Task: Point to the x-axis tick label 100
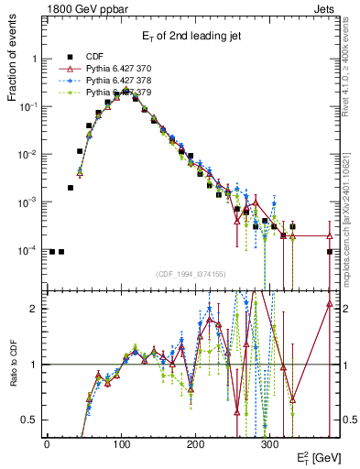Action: (x=121, y=443)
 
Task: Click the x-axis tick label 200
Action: (x=195, y=443)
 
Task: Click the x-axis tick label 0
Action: (x=47, y=443)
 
